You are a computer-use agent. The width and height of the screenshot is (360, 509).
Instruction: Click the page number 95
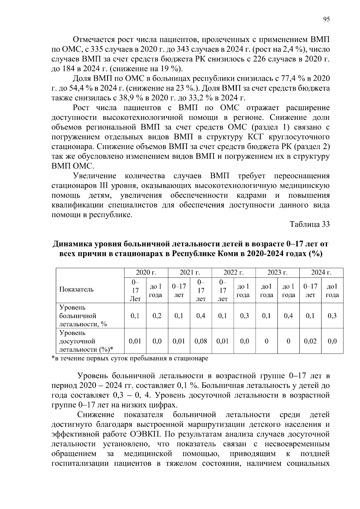tap(326, 19)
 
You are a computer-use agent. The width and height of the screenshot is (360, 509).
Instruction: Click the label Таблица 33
tap(310, 224)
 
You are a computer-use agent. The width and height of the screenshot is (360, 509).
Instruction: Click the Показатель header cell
tap(76, 289)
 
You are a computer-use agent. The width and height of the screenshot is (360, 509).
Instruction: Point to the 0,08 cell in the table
tap(201, 341)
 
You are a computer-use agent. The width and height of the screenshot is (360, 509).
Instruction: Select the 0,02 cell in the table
tap(310, 341)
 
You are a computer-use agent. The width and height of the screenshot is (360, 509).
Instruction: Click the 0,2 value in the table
tap(157, 316)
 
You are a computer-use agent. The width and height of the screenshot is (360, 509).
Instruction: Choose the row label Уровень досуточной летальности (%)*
tap(86, 341)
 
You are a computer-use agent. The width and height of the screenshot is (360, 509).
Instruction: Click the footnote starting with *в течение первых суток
tap(130, 358)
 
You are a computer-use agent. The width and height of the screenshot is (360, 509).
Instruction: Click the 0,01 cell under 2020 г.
tap(135, 341)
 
